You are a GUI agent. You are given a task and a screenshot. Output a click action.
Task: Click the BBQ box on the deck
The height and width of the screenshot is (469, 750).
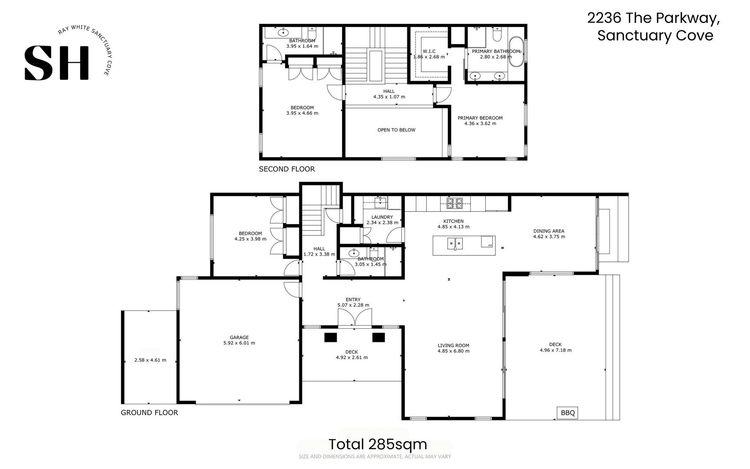[567, 413]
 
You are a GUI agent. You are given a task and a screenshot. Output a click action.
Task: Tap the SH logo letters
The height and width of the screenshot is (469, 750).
[57, 63]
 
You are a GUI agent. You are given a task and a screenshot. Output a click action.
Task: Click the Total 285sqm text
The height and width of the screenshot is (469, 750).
[377, 444]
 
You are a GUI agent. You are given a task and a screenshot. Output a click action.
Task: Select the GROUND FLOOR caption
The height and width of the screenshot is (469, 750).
[149, 413]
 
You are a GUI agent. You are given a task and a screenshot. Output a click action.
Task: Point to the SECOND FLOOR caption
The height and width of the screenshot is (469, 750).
[287, 169]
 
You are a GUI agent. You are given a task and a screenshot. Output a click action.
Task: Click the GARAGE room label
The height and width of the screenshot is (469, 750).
[239, 337]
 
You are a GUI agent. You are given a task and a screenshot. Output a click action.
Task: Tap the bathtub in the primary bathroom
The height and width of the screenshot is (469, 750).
[516, 52]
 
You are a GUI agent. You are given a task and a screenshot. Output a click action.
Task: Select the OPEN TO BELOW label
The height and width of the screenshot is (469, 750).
[396, 130]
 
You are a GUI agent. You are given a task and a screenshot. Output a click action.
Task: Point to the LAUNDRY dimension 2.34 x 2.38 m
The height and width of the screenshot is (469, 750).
[382, 223]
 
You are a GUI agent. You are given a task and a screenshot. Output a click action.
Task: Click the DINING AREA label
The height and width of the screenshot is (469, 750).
[549, 231]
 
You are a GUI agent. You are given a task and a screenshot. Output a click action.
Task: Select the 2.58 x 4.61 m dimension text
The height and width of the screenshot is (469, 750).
[150, 360]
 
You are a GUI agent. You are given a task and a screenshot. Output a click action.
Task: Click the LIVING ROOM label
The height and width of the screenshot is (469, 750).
[453, 346]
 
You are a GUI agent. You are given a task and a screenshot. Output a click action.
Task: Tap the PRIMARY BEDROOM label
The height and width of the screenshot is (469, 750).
[480, 118]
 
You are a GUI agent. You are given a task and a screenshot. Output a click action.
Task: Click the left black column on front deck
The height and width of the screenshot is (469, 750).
[331, 337]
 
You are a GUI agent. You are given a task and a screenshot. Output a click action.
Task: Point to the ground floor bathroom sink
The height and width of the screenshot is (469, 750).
[354, 253]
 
